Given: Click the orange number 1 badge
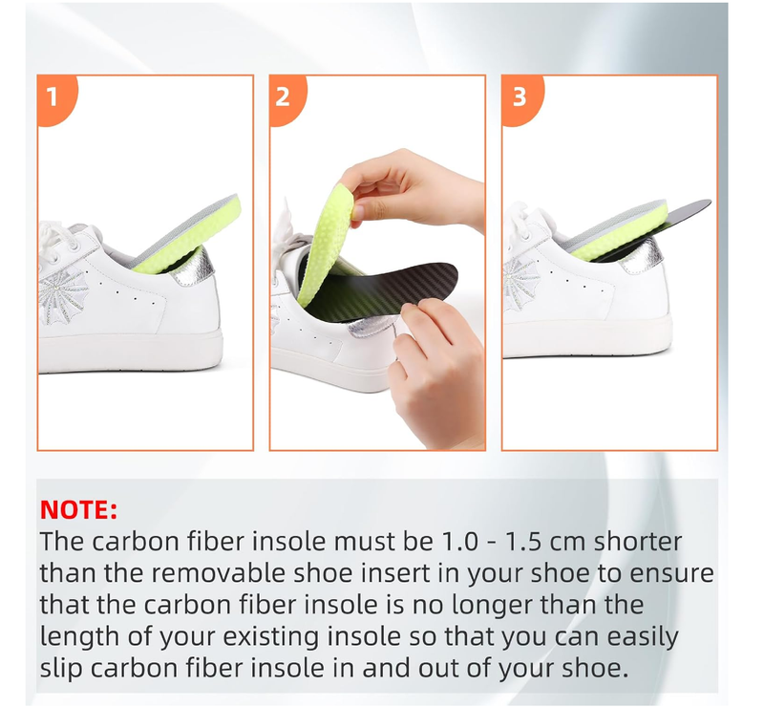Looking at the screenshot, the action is (54, 97).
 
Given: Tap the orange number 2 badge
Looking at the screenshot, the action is (286, 97).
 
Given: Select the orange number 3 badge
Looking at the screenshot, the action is (520, 97).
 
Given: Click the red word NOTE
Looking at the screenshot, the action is (78, 509).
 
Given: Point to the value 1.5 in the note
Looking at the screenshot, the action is (523, 541).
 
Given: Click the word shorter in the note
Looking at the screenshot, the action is (637, 541).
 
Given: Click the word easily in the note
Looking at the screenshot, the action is (636, 637).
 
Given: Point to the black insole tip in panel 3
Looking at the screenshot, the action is (708, 203).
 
